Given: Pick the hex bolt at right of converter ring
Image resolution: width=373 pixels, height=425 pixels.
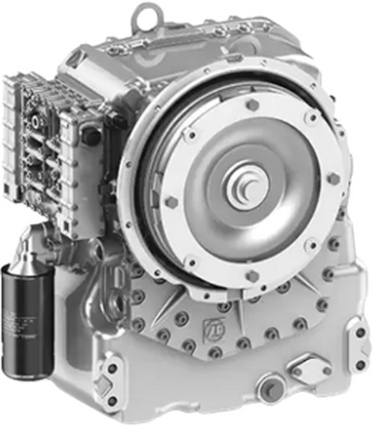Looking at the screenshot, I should click(x=333, y=179).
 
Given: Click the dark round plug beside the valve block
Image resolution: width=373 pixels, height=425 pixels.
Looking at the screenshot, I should click(x=92, y=136).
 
